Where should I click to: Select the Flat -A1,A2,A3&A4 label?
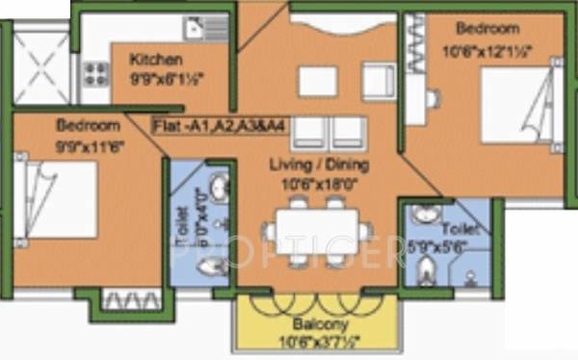click(206, 125)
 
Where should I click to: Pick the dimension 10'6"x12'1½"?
click(488, 45)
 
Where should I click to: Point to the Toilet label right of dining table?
click(457, 232)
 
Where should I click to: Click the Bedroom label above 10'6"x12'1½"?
click(487, 29)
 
